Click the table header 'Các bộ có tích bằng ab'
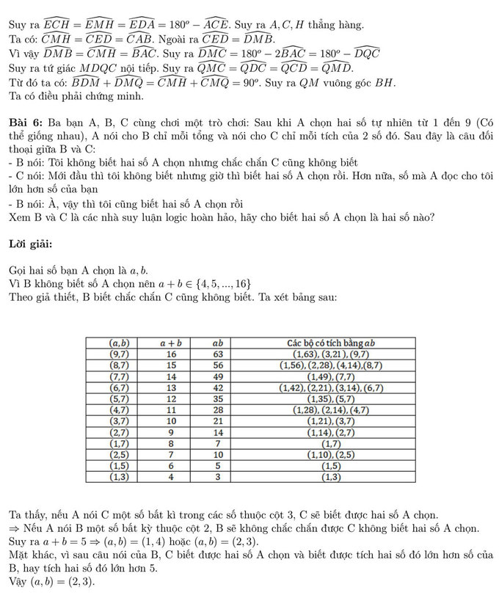pos(330,343)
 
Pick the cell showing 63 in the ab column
pos(217,354)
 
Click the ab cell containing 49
pos(217,376)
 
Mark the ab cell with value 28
pos(217,409)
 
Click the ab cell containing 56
pos(217,365)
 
